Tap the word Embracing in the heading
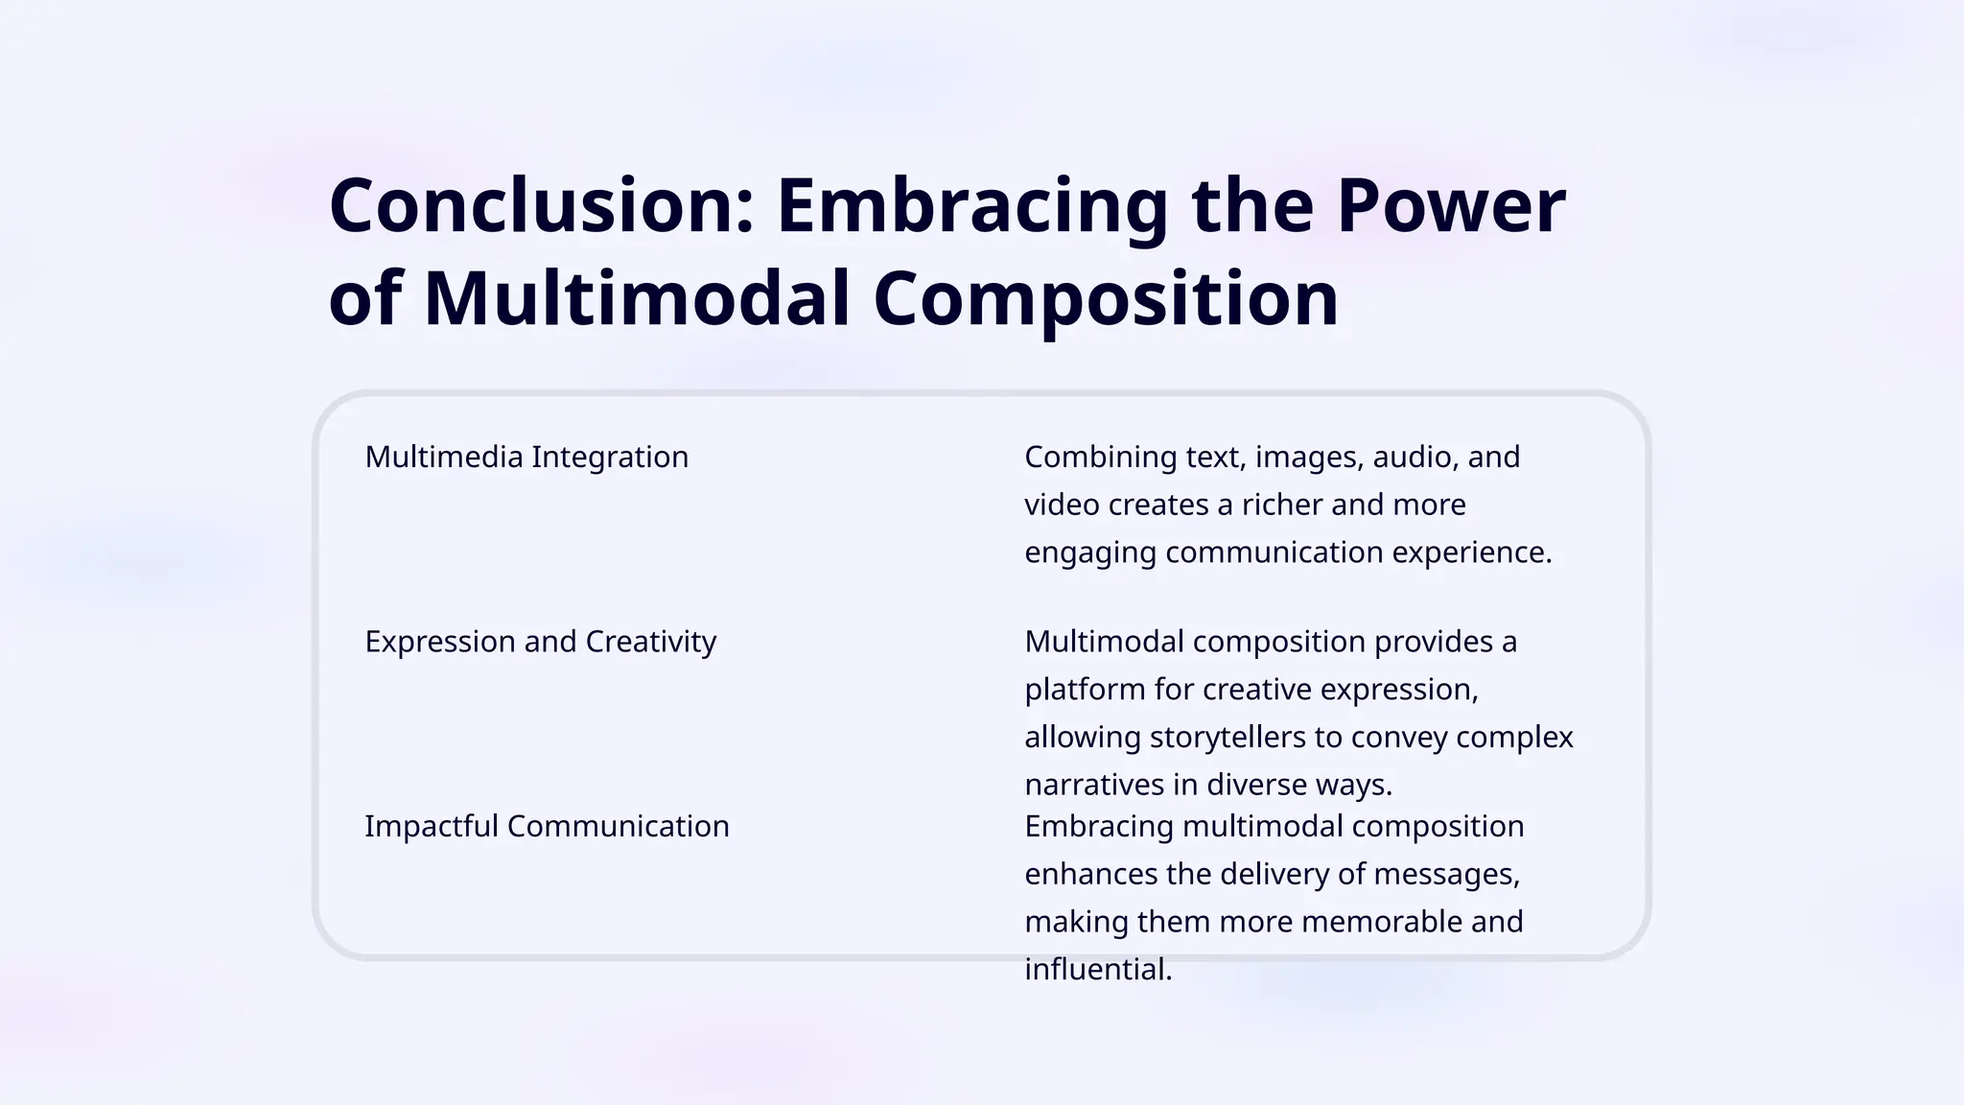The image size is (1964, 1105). [x=971, y=206]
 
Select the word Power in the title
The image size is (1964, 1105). [x=1451, y=206]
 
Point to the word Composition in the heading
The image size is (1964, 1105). [x=1106, y=298]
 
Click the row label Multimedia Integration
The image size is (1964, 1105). [x=526, y=457]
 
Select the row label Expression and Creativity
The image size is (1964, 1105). [x=540, y=641]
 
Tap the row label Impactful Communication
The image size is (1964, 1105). [x=547, y=826]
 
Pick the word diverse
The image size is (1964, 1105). [x=1257, y=785]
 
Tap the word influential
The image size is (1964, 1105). [x=1098, y=970]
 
